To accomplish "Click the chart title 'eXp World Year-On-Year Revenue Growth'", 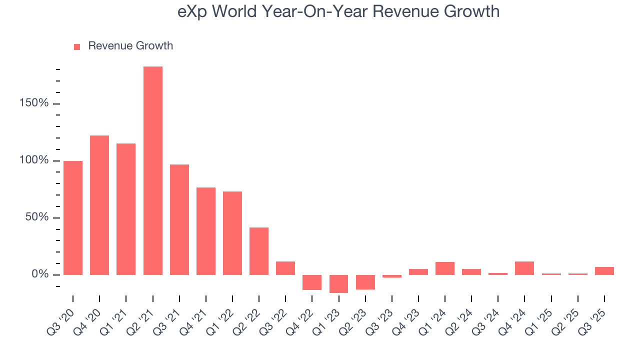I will click(x=338, y=11).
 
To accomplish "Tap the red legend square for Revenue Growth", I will click(x=77, y=46).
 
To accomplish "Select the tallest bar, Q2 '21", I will click(x=152, y=170).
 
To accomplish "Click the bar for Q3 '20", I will click(x=73, y=217).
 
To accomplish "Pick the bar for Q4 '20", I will click(x=99, y=205).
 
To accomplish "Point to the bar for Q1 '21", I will click(x=126, y=209).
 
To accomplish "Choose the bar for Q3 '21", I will click(x=179, y=219).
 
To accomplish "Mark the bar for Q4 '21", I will click(x=206, y=231).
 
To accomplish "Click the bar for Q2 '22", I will click(x=259, y=251).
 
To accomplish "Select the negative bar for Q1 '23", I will click(x=338, y=283).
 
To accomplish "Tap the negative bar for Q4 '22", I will click(x=312, y=282).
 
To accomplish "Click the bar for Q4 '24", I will click(x=524, y=268).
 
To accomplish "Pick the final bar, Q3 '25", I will click(x=604, y=270).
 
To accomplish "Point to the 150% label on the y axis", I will click(x=34, y=103).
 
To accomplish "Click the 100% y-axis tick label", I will click(x=34, y=160).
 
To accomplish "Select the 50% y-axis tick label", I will click(x=36, y=217).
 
